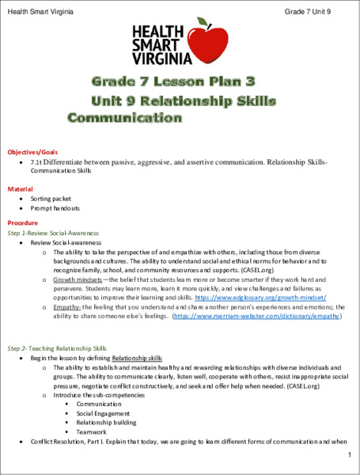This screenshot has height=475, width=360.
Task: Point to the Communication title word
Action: (x=124, y=119)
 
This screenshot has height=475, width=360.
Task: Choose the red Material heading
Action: (x=21, y=190)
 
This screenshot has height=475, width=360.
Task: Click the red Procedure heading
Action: (x=24, y=223)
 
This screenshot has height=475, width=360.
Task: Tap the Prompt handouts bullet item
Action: (x=55, y=209)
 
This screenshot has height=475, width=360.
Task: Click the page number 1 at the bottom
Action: (x=348, y=457)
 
